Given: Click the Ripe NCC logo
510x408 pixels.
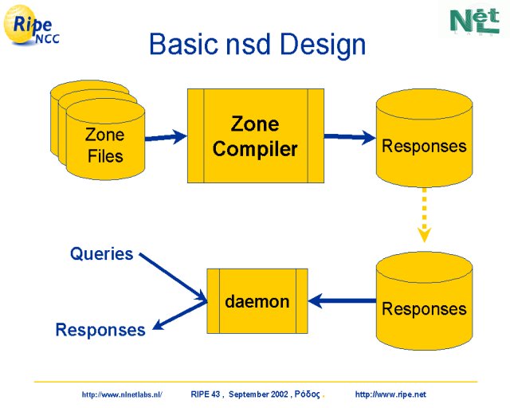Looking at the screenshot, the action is click(x=31, y=25).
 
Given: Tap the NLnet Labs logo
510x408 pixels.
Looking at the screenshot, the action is click(x=475, y=22).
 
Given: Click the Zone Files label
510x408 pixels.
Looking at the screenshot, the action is click(x=105, y=145).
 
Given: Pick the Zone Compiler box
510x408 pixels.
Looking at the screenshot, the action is click(x=256, y=135).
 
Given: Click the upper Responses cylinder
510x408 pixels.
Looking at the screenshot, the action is click(x=424, y=138).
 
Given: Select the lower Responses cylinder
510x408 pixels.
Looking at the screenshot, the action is click(x=424, y=300).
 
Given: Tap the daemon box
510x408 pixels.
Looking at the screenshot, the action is click(x=257, y=301).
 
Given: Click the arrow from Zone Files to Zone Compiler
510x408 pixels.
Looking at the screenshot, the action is click(x=166, y=137).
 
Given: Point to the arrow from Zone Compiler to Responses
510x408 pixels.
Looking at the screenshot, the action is click(x=350, y=136).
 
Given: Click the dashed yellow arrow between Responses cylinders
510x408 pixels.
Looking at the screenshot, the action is click(x=424, y=214).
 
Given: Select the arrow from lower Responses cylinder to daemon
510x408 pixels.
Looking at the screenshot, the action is click(x=342, y=300).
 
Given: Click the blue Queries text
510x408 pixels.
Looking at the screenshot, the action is click(x=101, y=253).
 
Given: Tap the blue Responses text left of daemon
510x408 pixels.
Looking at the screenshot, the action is click(x=100, y=330).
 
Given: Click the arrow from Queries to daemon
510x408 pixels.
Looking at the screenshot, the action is click(x=173, y=277).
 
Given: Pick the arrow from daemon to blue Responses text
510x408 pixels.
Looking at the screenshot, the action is click(x=179, y=316).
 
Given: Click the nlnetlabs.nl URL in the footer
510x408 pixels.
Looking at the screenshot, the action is click(x=122, y=394).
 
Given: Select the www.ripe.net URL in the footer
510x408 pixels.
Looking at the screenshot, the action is click(x=390, y=394).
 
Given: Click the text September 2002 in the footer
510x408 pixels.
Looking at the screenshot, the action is click(x=258, y=394).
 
